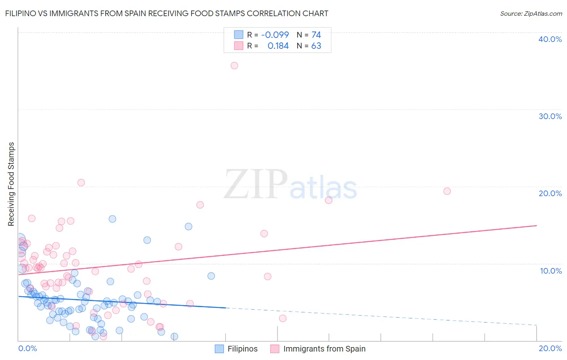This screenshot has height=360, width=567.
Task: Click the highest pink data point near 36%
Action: (x=234, y=65)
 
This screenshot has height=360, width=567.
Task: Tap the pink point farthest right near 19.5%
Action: (x=447, y=191)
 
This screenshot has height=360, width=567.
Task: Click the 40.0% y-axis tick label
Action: (x=550, y=39)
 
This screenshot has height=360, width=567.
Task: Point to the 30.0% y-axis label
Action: (x=550, y=116)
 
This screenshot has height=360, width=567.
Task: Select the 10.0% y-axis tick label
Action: (x=551, y=271)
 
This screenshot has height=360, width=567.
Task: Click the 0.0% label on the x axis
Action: (x=27, y=348)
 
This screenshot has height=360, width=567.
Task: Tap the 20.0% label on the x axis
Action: (x=550, y=348)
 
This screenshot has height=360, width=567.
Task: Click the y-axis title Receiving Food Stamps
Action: (x=11, y=184)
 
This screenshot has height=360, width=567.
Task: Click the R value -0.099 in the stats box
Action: (x=275, y=35)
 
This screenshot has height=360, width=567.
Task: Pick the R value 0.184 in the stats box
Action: (x=278, y=46)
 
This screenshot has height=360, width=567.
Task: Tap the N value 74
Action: (x=316, y=35)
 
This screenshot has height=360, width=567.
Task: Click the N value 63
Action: (x=316, y=46)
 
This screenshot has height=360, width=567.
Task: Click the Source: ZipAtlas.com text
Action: (x=531, y=13)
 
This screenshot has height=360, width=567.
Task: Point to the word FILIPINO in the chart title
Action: (x=24, y=13)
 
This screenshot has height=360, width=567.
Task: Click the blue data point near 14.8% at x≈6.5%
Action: (x=188, y=226)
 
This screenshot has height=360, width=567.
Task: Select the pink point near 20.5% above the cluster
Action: (x=81, y=182)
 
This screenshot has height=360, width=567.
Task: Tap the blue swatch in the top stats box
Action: (x=239, y=35)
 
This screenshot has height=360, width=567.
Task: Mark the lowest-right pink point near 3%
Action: (x=283, y=318)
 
